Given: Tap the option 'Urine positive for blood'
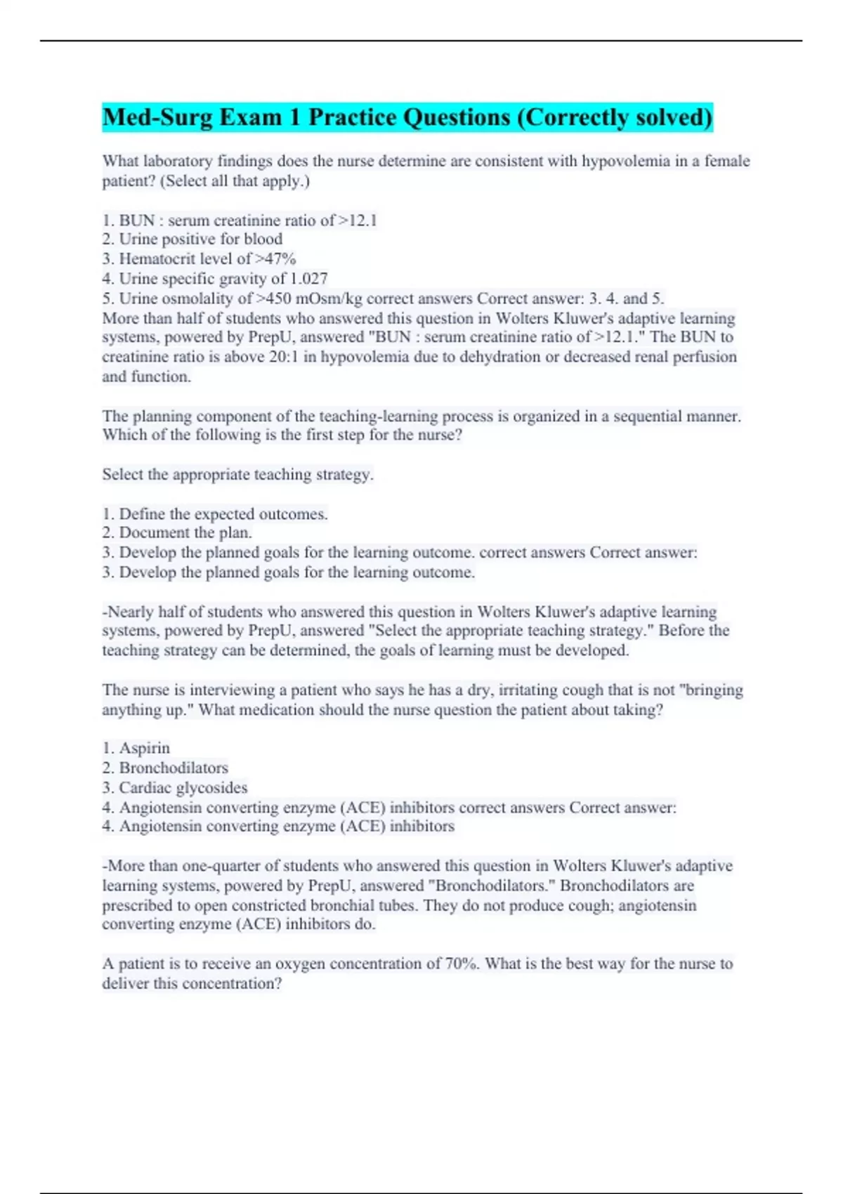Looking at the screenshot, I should pos(200,240).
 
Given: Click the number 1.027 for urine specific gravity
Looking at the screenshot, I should pos(308,279).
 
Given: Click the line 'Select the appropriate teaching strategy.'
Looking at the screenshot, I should pos(237,475).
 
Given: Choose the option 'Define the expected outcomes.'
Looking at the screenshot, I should pos(223,514).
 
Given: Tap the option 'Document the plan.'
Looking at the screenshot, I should pos(185,533).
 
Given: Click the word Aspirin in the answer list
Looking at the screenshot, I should pos(144,748).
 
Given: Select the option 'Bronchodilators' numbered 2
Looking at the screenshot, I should pos(173,768).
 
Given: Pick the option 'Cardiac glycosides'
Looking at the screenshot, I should pos(183,788).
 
